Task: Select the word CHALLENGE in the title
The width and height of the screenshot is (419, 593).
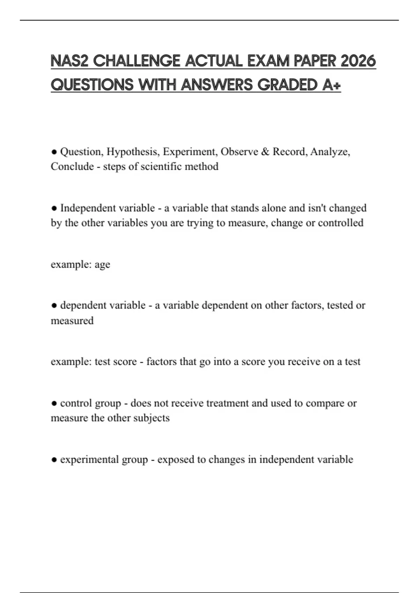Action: point(137,61)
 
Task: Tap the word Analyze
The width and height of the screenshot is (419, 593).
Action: point(330,152)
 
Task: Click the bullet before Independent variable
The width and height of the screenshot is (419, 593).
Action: point(54,208)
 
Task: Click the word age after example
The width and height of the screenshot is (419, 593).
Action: point(102,265)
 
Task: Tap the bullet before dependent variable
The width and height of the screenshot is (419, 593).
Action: point(54,306)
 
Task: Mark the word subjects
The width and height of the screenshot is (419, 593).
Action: point(152,418)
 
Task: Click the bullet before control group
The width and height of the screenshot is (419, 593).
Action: point(54,403)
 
